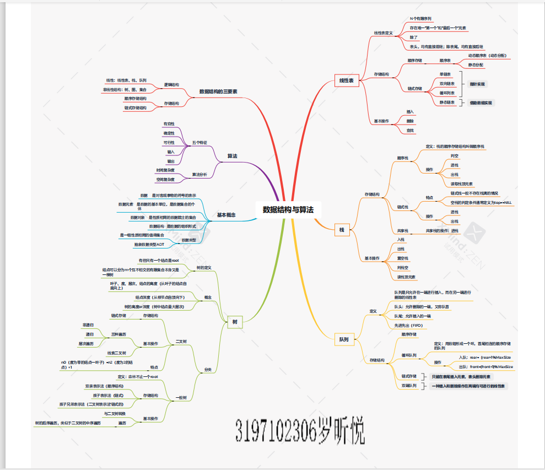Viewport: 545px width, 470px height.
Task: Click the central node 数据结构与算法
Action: [x=288, y=209]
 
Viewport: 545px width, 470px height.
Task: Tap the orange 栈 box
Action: [x=342, y=229]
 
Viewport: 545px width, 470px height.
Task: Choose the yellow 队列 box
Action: [x=343, y=340]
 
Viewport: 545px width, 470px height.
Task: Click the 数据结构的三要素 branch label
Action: [x=218, y=91]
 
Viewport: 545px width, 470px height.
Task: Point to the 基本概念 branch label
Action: [x=226, y=215]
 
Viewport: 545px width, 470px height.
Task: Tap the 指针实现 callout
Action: [x=477, y=84]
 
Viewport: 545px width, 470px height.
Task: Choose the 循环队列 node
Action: [x=409, y=355]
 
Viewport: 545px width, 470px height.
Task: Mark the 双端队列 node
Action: [x=409, y=386]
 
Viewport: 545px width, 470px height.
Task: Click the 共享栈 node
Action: [x=402, y=230]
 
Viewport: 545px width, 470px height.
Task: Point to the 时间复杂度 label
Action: [x=166, y=170]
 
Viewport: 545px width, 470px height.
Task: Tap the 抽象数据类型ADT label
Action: [x=149, y=244]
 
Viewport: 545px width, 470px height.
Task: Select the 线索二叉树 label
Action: [x=117, y=353]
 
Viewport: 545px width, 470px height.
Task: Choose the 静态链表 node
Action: [x=447, y=102]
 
